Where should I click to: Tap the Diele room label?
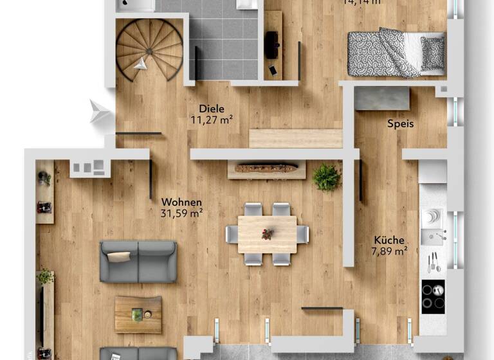212,109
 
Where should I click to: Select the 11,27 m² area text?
212,119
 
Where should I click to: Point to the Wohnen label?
181,203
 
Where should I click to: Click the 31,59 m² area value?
182,213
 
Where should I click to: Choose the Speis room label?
400,123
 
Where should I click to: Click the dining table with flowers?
267,234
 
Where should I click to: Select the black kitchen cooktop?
433,297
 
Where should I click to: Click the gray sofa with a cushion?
138,261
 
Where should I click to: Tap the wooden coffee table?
138,314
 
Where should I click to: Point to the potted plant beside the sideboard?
327,177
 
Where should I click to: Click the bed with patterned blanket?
396,53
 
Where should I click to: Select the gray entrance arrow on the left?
100,112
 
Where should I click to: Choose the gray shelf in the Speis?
382,98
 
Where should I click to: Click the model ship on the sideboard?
266,168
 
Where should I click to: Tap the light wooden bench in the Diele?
295,138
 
